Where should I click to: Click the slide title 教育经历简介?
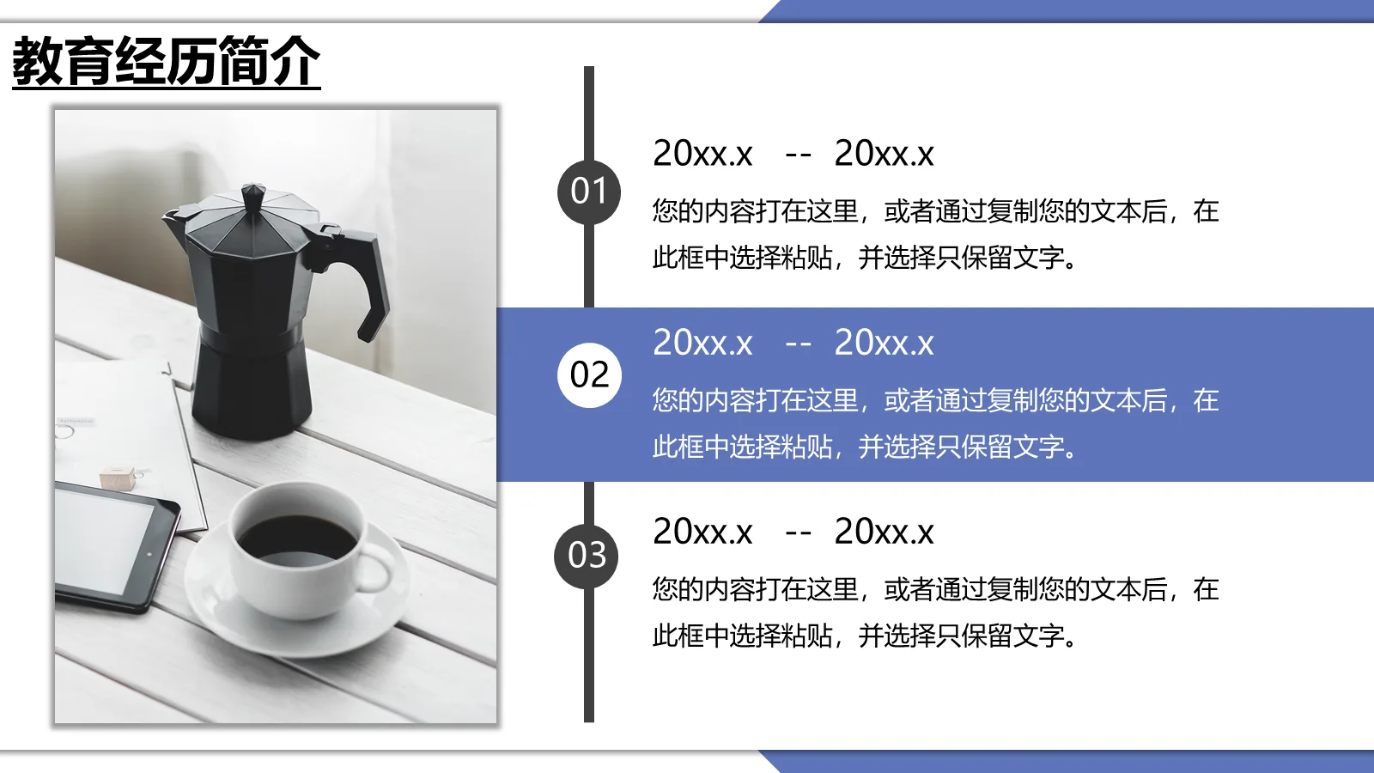point(166,61)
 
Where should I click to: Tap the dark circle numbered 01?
point(589,192)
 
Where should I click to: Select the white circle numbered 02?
point(589,374)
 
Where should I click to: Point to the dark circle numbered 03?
point(587,556)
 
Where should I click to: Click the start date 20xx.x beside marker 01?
point(702,155)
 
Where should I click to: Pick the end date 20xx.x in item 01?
point(884,155)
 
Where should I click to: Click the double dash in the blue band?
point(798,344)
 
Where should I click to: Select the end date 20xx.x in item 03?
point(884,533)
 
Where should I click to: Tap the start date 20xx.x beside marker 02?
point(702,344)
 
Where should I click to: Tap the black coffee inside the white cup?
point(296,539)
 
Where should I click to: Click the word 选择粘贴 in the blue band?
point(781,447)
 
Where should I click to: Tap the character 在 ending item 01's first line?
point(1206,211)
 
